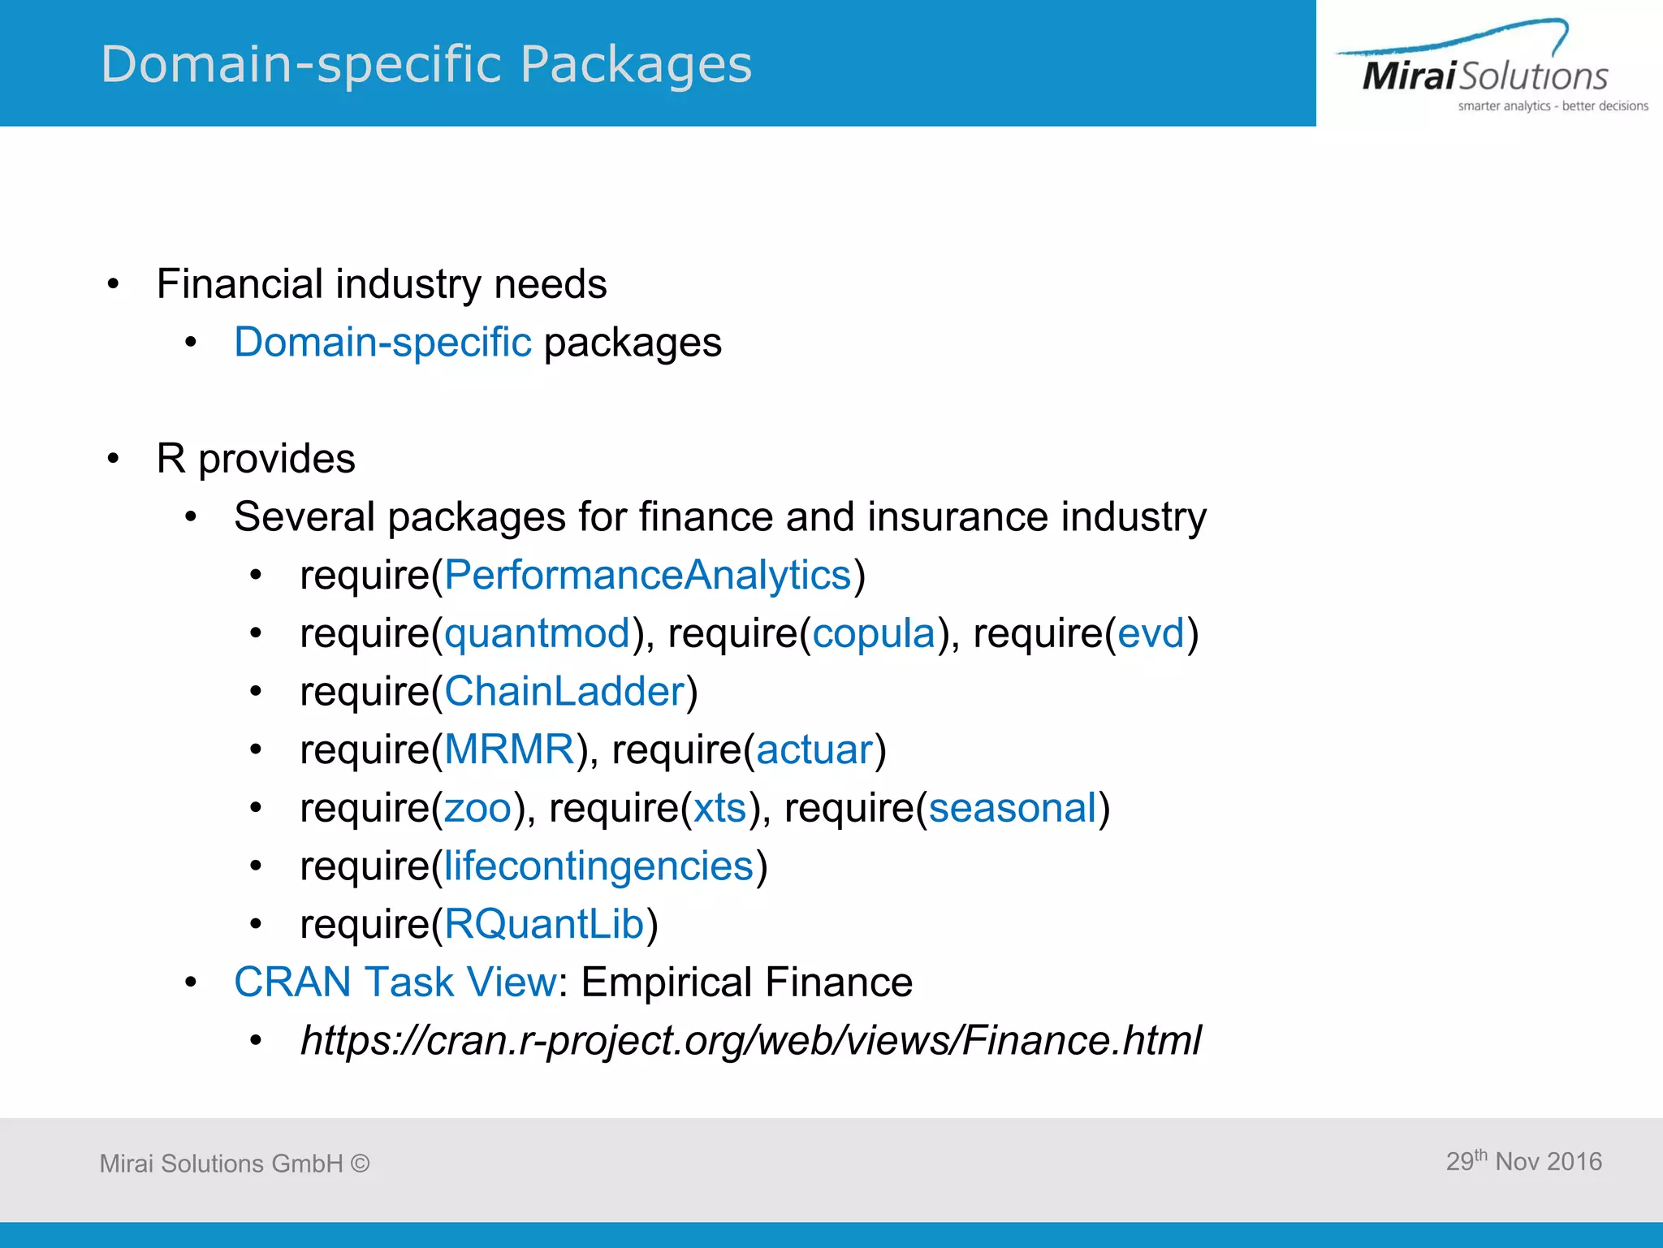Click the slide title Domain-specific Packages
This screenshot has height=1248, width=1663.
pyautogui.click(x=426, y=64)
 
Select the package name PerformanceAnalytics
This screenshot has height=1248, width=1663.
pyautogui.click(x=647, y=576)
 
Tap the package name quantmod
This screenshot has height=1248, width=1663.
pyautogui.click(x=537, y=633)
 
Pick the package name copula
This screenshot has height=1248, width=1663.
pyautogui.click(x=874, y=633)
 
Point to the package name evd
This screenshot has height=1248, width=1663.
pyautogui.click(x=1151, y=633)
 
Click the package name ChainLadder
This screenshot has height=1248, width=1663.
pyautogui.click(x=564, y=692)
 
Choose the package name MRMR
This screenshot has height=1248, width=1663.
pyautogui.click(x=509, y=749)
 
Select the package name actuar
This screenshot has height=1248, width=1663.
pyautogui.click(x=814, y=749)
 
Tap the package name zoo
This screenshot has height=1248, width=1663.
pyautogui.click(x=477, y=808)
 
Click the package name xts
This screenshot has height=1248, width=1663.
pyautogui.click(x=719, y=808)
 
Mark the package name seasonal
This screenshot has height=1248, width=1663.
pyautogui.click(x=1013, y=808)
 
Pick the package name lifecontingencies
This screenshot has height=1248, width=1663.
pyautogui.click(x=598, y=866)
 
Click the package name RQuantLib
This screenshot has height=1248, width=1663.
pyautogui.click(x=544, y=924)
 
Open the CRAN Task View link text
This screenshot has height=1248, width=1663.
pyautogui.click(x=395, y=982)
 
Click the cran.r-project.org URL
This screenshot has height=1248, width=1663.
pyautogui.click(x=750, y=1040)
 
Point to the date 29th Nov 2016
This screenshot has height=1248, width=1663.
pyautogui.click(x=1523, y=1161)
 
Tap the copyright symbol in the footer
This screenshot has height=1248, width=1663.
pyautogui.click(x=360, y=1164)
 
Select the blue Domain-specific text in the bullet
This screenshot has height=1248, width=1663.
pyautogui.click(x=382, y=343)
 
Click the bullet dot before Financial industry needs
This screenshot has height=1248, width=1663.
pyautogui.click(x=114, y=284)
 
